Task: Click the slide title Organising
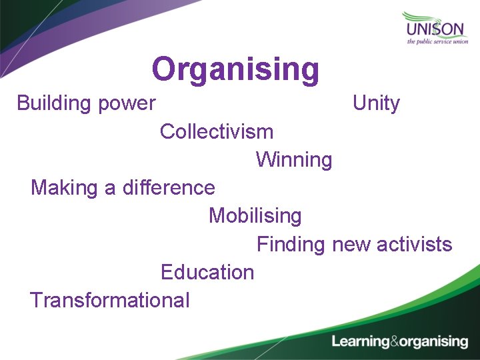[235, 69]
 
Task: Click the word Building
[54, 103]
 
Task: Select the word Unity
[376, 103]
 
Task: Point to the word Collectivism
[217, 131]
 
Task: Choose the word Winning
[294, 160]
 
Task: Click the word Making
[64, 188]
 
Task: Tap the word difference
[169, 188]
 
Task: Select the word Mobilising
[255, 216]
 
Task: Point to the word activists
[414, 245]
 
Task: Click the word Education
[207, 272]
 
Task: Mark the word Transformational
[110, 300]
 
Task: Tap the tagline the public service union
[437, 42]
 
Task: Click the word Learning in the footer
[361, 342]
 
